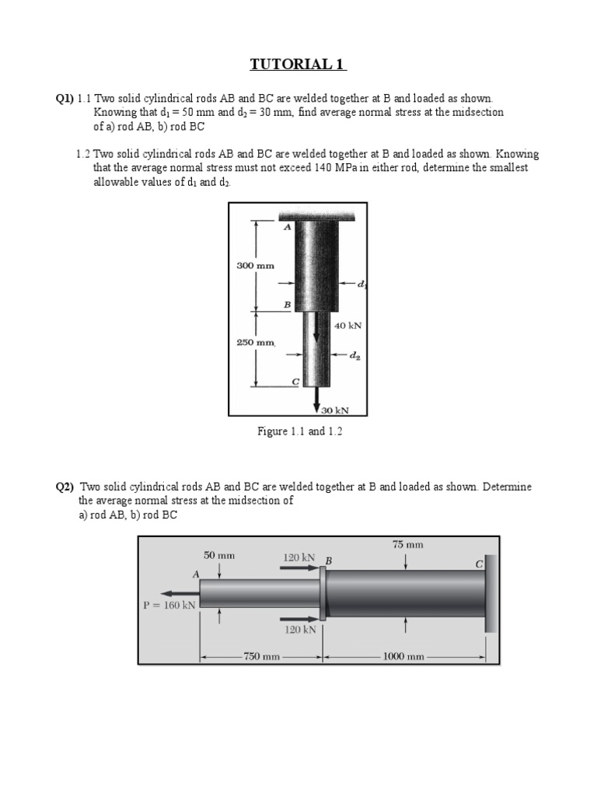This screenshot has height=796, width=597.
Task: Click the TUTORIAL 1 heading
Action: point(298,65)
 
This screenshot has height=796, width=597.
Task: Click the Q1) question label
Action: point(64,99)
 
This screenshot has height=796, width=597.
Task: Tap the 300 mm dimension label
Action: point(256,265)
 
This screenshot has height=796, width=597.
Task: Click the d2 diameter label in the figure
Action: point(354,356)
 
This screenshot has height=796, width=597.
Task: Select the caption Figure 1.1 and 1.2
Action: point(299,431)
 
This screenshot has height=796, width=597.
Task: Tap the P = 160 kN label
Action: point(169,604)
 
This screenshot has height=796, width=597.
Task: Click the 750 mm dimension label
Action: point(261,657)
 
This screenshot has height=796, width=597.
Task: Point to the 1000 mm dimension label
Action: point(403,657)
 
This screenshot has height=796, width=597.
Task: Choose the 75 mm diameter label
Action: point(408,545)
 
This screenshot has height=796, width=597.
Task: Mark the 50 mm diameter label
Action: point(219,556)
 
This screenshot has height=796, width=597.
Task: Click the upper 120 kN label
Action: point(298,557)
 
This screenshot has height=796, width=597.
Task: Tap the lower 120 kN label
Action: point(299,630)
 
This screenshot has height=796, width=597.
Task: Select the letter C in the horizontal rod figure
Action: point(479,563)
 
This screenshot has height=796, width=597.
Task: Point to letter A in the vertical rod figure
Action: point(287,227)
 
